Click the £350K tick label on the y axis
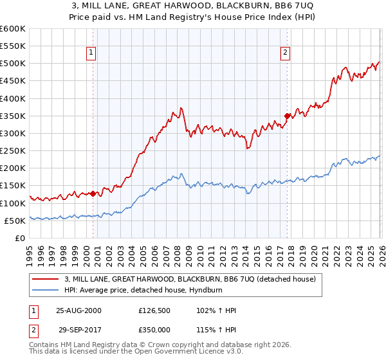(13, 116)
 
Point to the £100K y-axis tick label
(13, 203)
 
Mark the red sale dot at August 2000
(93, 194)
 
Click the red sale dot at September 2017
(287, 116)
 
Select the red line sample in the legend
(46, 279)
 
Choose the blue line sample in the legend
(46, 290)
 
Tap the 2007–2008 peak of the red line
(182, 108)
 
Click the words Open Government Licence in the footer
(179, 353)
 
